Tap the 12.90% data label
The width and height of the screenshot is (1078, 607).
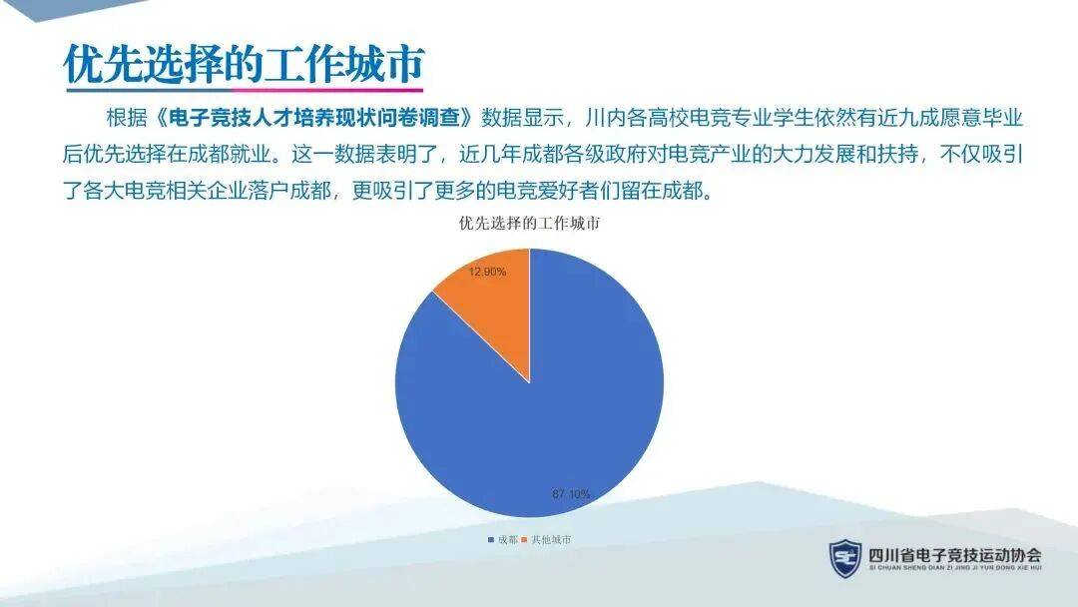(487, 272)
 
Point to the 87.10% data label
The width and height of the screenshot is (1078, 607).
(571, 493)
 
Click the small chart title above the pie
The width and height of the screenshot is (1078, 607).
(529, 224)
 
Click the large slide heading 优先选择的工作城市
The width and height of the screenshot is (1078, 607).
(245, 65)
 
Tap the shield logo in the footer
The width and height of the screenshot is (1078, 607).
(845, 558)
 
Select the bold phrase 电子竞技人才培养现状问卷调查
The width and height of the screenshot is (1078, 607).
(313, 118)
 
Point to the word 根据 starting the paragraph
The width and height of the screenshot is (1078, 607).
(127, 118)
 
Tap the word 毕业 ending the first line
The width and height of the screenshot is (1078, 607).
(1003, 118)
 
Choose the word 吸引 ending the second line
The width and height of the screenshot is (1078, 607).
(1003, 154)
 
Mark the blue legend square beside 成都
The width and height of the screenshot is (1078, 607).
(491, 540)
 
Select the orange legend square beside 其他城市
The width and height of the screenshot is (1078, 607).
(525, 540)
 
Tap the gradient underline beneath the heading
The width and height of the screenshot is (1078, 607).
(245, 90)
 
